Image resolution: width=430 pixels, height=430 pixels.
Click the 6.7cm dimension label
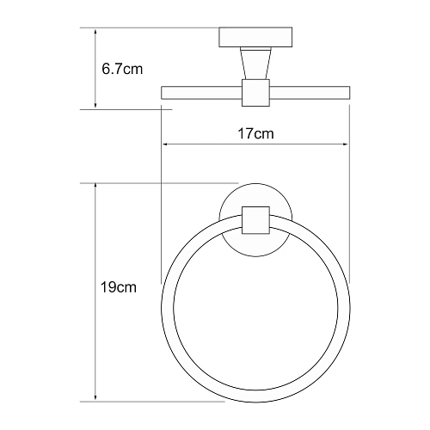coord(120,70)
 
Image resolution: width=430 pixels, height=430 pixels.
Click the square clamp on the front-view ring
coord(256,220)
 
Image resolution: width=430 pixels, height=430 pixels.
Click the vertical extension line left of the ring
coord(161,215)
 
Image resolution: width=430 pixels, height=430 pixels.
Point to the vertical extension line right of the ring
coord(351,215)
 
